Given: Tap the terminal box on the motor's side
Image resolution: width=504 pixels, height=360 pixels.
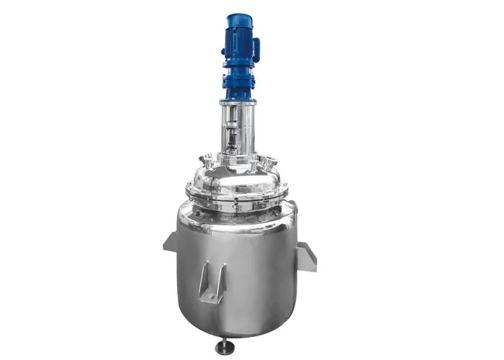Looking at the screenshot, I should (256, 49).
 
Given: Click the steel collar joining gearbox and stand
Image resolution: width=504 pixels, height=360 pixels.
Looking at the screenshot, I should (238, 102).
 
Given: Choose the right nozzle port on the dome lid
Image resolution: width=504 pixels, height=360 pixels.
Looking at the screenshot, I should (272, 160).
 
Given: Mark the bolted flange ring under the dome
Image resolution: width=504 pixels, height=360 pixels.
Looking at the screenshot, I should (238, 194).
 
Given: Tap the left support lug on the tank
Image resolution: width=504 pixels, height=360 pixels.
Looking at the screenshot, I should (171, 243).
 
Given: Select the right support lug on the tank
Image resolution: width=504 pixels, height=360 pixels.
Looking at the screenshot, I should (306, 256).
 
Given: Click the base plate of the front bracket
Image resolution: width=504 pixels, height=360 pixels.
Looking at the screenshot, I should (212, 297).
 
